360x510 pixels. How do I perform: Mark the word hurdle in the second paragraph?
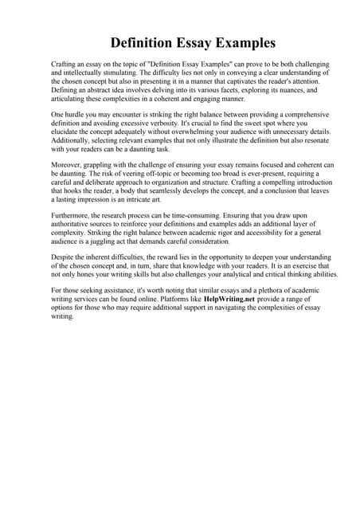(x=76, y=114)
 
